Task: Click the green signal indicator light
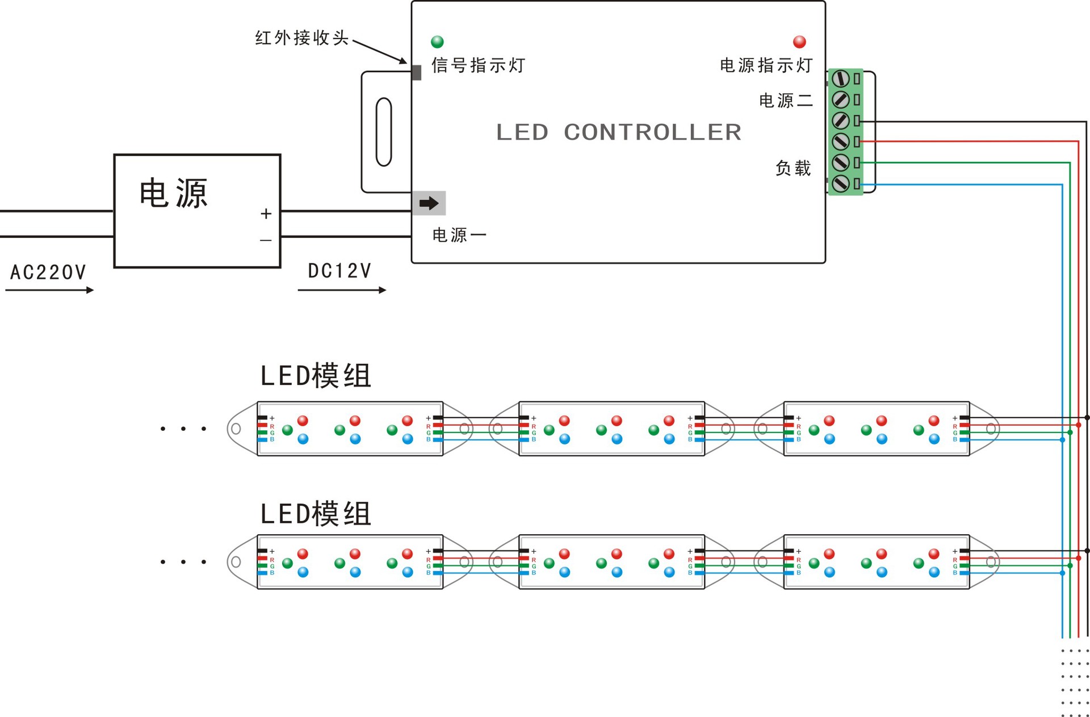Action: [437, 41]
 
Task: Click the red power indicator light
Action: [799, 41]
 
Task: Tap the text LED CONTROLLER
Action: [618, 132]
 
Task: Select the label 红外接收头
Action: [301, 38]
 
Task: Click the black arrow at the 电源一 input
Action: [429, 203]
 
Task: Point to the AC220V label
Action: [48, 272]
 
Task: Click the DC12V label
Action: [339, 271]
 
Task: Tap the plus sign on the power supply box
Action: [266, 214]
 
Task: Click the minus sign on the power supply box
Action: [266, 241]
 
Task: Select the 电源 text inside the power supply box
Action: [174, 194]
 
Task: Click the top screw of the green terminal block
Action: [840, 78]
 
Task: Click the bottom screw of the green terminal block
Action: [840, 183]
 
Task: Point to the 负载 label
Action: [793, 168]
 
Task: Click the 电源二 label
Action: [786, 100]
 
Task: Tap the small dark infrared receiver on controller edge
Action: [416, 73]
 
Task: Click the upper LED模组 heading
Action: [316, 376]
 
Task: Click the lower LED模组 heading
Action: [316, 514]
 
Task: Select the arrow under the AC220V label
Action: [49, 290]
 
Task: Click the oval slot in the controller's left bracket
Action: [384, 132]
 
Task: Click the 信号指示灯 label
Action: [478, 65]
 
